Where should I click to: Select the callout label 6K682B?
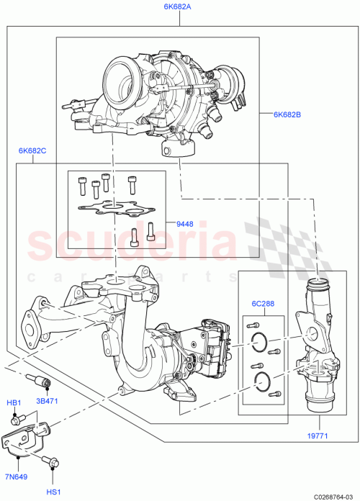click(x=287, y=114)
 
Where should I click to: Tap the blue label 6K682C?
click(x=32, y=151)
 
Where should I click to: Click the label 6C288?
click(x=261, y=303)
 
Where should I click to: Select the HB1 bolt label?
click(x=14, y=402)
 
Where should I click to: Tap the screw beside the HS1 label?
click(x=50, y=465)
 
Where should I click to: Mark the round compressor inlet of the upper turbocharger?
click(x=120, y=75)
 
